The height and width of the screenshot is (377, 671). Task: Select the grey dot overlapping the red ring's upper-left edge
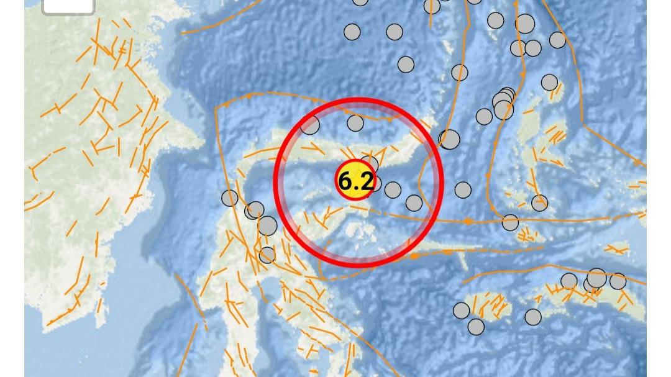coord(310,125)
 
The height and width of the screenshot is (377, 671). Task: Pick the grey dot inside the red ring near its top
coord(355,123)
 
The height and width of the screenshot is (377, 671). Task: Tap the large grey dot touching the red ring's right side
coord(450,140)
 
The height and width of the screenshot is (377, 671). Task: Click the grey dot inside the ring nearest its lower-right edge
coord(414,203)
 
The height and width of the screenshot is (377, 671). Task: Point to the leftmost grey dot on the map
coord(230,198)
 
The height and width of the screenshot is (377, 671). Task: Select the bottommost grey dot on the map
coord(476,326)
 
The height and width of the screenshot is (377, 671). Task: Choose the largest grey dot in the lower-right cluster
coord(596,278)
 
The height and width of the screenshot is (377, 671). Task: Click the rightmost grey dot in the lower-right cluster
coord(618,281)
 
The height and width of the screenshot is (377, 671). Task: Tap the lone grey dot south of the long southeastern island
coord(533,317)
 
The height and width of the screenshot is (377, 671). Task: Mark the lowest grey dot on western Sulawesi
coord(267,254)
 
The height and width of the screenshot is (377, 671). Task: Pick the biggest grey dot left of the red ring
coord(268,225)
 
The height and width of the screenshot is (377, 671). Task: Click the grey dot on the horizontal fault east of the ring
coord(510,222)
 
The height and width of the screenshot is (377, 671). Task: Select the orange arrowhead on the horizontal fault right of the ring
coord(467,220)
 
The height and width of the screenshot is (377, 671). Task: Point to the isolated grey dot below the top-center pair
coord(406,65)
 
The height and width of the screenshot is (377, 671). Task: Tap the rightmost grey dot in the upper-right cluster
coord(557,40)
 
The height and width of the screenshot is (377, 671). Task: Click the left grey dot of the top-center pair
coord(352,32)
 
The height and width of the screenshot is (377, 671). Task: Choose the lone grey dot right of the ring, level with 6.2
coord(463,189)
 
